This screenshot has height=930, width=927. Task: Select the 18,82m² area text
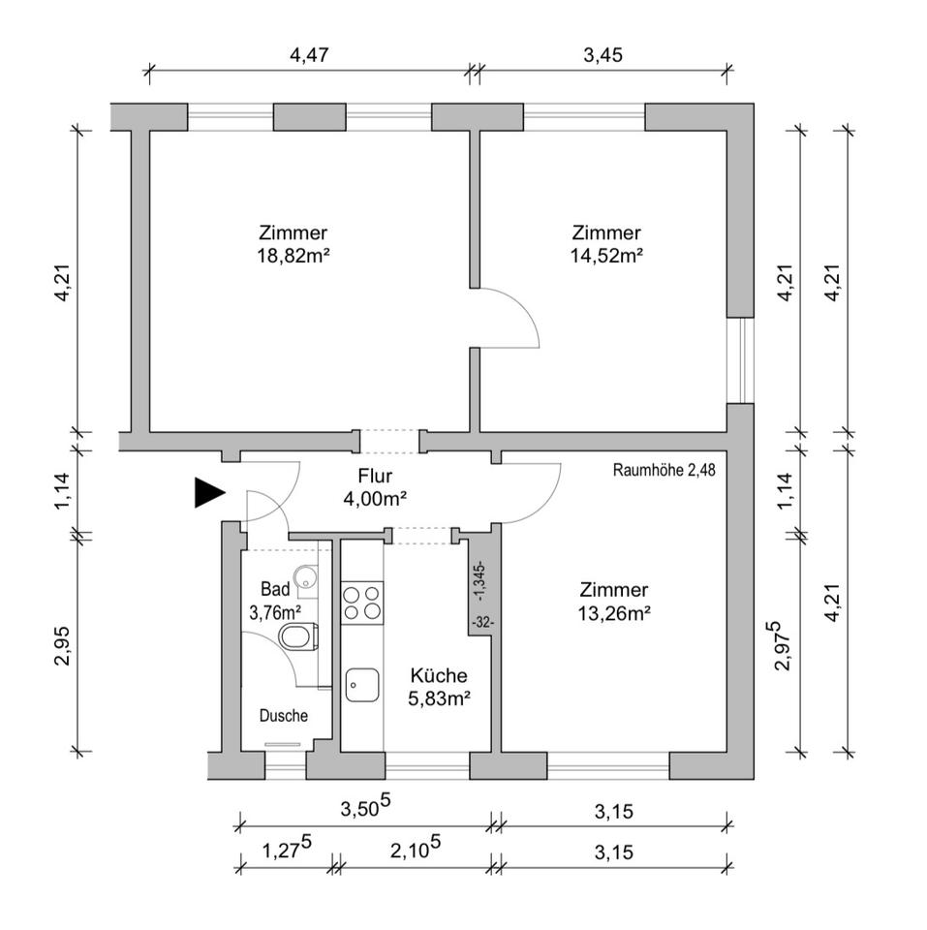[x=293, y=256]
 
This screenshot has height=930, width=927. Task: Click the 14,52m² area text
[x=606, y=256]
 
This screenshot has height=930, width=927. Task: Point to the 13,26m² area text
[x=613, y=612]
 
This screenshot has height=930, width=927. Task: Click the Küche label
[x=439, y=676]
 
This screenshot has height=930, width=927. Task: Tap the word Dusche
[x=284, y=716]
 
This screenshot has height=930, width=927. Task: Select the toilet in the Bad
[x=297, y=637]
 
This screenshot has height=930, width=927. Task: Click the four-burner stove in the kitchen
[x=361, y=602]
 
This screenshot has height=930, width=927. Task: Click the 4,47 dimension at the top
[x=311, y=55]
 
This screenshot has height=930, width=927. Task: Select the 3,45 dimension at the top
[x=603, y=55]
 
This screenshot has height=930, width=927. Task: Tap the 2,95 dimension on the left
[x=59, y=642]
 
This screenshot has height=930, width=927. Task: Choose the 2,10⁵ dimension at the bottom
[x=416, y=852]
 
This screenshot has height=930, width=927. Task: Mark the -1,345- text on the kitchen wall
[x=481, y=578]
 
